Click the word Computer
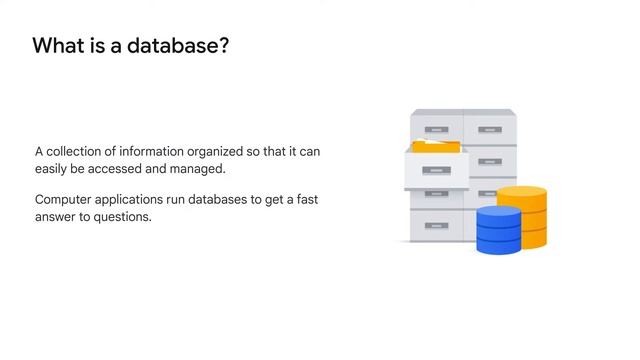pyautogui.click(x=65, y=200)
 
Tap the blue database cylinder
pyautogui.click(x=499, y=230)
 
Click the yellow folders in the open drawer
pyautogui.click(x=431, y=147)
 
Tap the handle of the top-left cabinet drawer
pyautogui.click(x=436, y=129)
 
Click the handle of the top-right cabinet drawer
pyautogui.click(x=489, y=129)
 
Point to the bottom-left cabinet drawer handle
pyautogui.click(x=436, y=226)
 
